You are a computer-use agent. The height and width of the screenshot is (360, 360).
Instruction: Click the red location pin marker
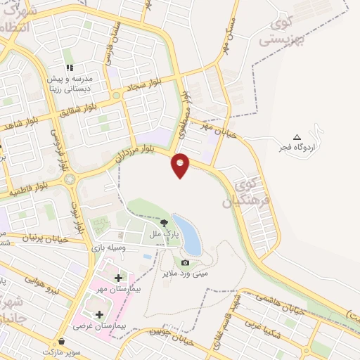coord(181,165)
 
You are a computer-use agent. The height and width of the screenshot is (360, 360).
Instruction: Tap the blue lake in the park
coord(186,235)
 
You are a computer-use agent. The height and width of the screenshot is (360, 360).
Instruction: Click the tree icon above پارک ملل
coord(165,222)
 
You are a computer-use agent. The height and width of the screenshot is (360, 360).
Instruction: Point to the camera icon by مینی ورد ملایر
coord(186,262)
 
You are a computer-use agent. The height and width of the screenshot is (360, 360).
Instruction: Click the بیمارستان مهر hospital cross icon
coord(117,278)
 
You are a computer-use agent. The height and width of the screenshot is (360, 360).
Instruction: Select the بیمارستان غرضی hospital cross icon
coord(98,314)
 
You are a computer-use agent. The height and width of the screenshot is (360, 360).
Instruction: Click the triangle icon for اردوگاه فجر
coord(296,136)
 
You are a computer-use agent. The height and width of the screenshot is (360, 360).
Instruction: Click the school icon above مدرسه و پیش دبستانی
coord(70,67)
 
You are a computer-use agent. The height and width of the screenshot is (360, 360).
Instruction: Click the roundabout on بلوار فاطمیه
coord(70,179)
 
